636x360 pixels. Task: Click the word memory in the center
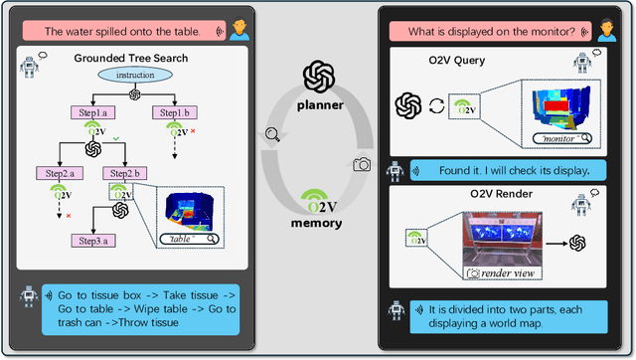coord(317,223)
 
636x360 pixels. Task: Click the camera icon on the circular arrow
coord(363,164)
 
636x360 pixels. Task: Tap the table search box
coord(190,239)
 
